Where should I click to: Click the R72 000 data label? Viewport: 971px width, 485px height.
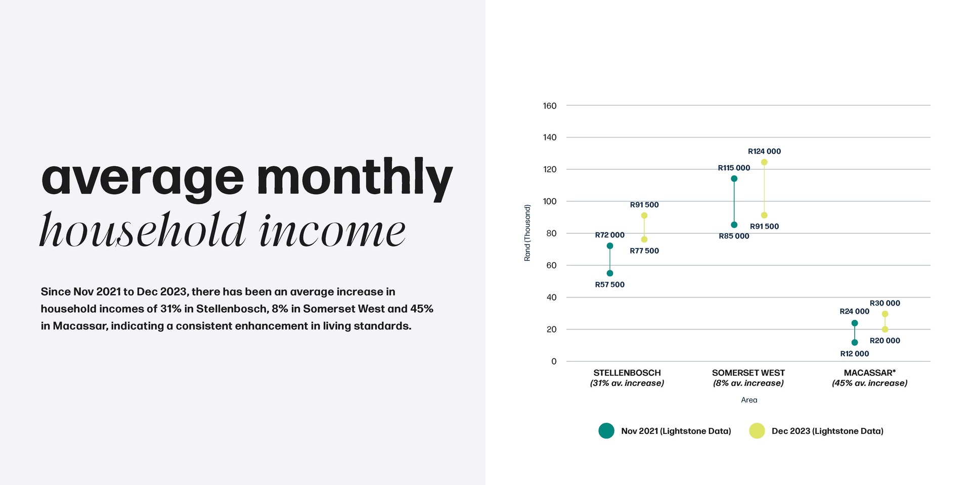coord(609,235)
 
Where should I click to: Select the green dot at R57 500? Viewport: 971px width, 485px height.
coord(610,273)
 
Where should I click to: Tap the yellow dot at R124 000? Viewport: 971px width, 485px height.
coord(764,162)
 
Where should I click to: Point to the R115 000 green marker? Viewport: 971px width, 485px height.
coord(734,179)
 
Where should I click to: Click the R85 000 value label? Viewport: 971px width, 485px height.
coord(734,236)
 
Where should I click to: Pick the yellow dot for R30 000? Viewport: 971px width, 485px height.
coord(885,314)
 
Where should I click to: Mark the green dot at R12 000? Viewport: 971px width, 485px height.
coord(855,343)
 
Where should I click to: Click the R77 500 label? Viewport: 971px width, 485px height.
coord(644,251)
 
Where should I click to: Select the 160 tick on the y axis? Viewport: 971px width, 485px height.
coord(550,106)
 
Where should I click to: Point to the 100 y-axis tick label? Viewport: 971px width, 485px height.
coord(550,202)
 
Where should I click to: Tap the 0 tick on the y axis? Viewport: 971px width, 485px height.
coord(554,362)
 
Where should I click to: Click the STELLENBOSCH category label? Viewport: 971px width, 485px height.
coord(627,373)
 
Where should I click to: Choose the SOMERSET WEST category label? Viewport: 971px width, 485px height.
coord(748,373)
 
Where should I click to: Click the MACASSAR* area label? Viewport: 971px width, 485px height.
coord(870,373)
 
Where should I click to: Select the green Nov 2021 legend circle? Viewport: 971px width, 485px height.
coord(606,431)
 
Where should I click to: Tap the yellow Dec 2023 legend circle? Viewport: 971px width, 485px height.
coord(757,431)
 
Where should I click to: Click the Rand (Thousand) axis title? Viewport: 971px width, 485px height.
coord(527,233)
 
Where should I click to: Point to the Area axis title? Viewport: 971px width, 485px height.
coord(749,400)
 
